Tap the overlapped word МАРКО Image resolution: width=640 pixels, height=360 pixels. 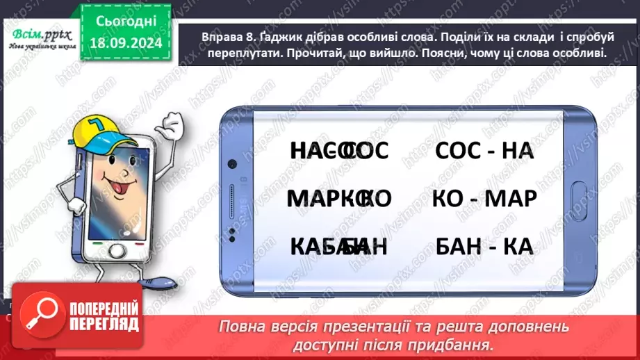pyautogui.click(x=338, y=198)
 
